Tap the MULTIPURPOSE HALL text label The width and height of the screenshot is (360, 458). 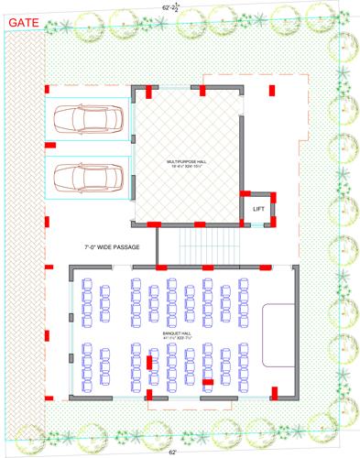(x=187, y=163)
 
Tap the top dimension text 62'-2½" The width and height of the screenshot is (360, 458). (x=171, y=5)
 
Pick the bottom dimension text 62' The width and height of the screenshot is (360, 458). (x=172, y=452)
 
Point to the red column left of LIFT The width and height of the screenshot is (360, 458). (x=245, y=194)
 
